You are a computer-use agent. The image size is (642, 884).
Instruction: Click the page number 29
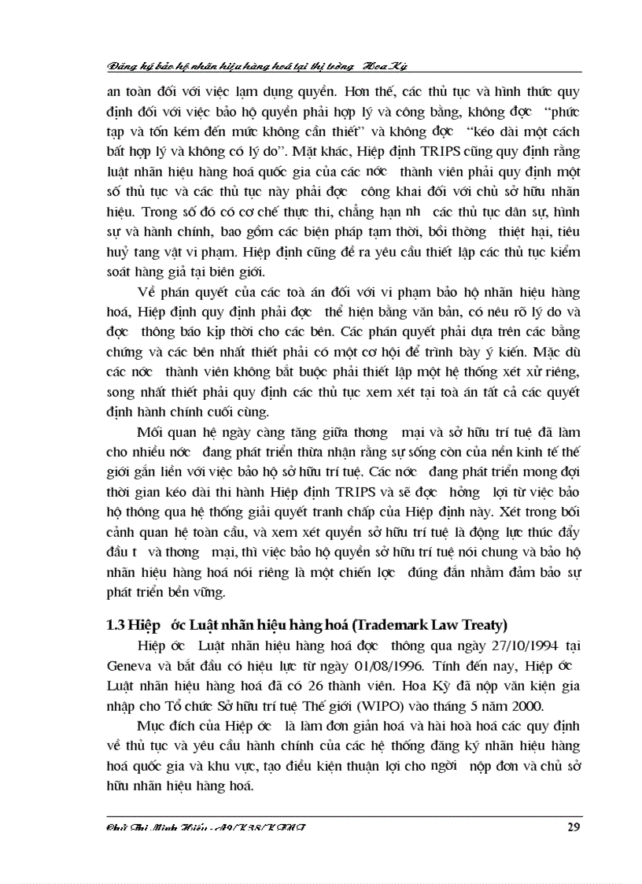[573, 826]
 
